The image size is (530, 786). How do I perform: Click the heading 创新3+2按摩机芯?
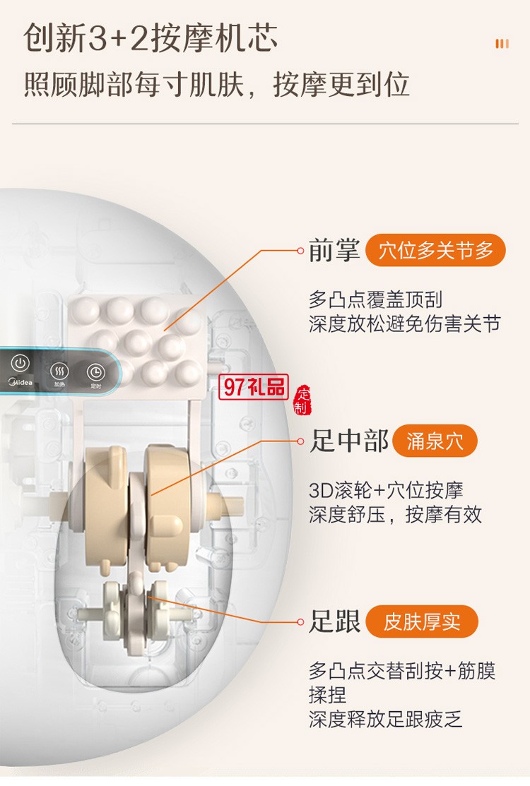(x=151, y=39)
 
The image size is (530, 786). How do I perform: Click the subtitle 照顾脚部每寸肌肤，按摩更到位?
(x=217, y=85)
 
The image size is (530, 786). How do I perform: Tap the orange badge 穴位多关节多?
(x=435, y=250)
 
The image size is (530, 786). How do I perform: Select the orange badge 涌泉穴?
(x=435, y=441)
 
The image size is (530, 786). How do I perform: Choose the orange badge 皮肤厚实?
(x=422, y=621)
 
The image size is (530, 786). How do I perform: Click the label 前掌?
(x=334, y=251)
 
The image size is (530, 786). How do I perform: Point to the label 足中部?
(x=349, y=441)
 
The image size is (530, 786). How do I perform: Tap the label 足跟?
(x=335, y=621)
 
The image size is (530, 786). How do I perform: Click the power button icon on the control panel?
(x=20, y=364)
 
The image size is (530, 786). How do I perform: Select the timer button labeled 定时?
(x=95, y=372)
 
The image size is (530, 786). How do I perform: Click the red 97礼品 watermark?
(x=254, y=386)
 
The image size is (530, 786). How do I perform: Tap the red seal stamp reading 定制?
(x=302, y=402)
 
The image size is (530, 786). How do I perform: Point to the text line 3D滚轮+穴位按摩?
(x=386, y=490)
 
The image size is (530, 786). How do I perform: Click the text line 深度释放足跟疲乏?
(x=386, y=719)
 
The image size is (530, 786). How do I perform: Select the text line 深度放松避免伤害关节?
(x=404, y=324)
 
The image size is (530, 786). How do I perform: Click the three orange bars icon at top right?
(x=502, y=44)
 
